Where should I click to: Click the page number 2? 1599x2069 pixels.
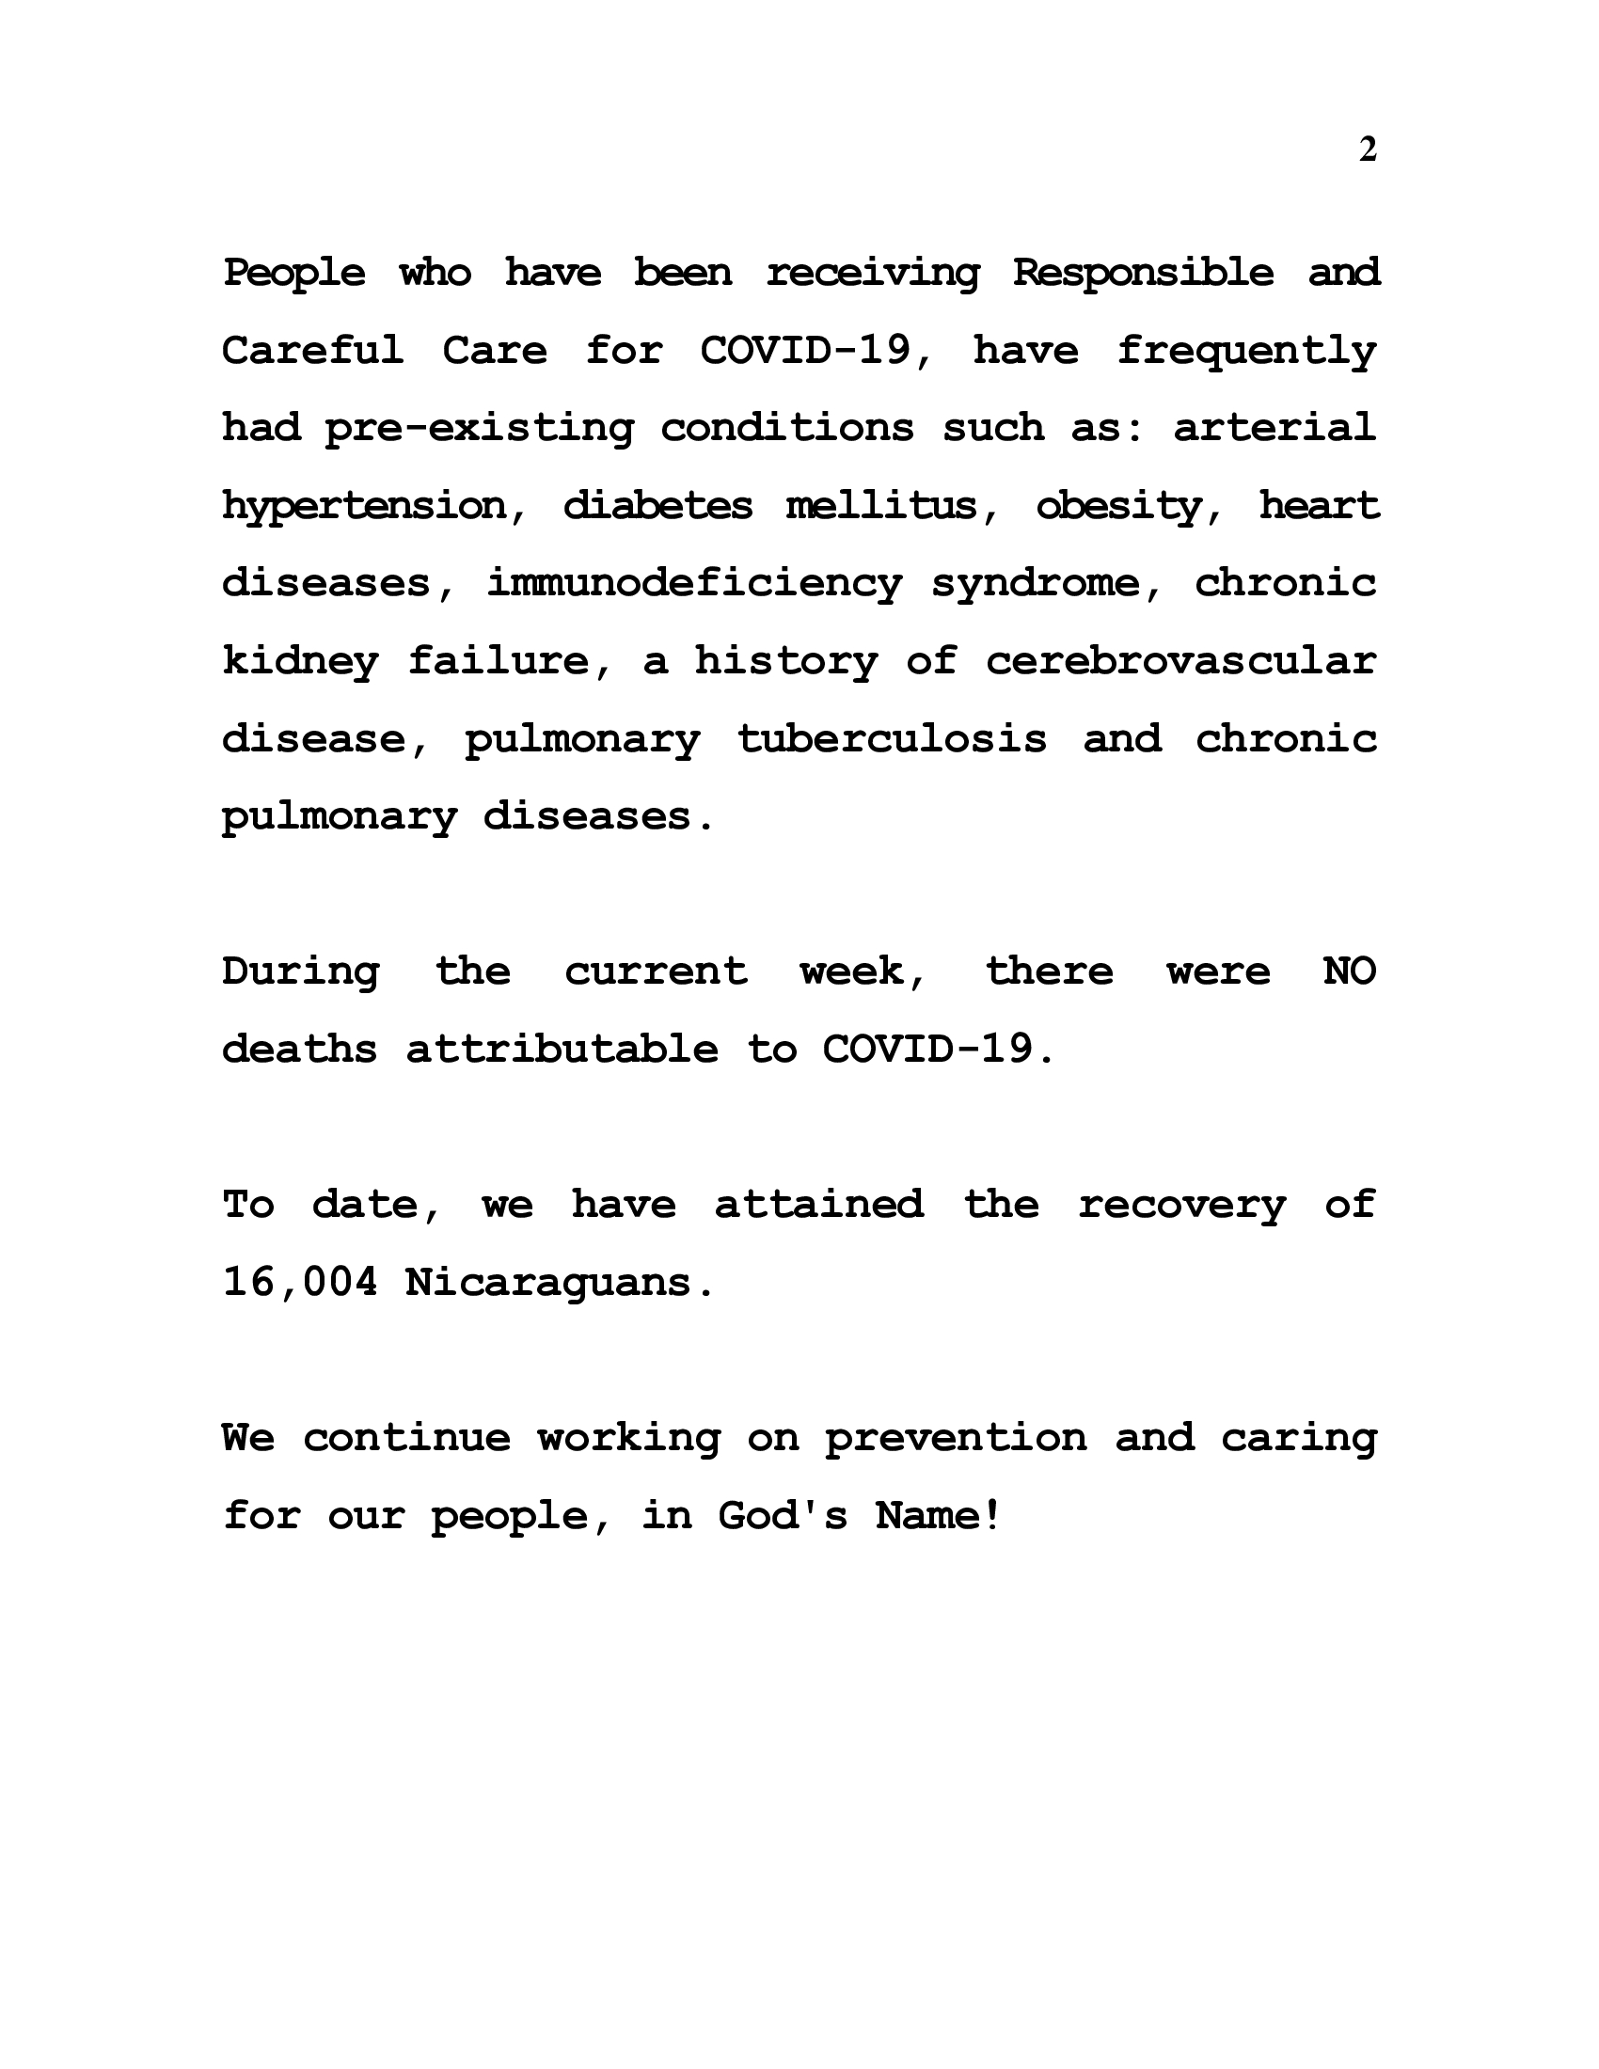[x=1367, y=150]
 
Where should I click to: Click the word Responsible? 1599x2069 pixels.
[x=1143, y=273]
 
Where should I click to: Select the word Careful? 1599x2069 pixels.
[x=312, y=351]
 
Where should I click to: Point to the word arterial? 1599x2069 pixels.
[x=1274, y=427]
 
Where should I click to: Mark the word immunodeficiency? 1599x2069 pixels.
[x=694, y=584]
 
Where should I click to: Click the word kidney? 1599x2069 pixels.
[x=300, y=662]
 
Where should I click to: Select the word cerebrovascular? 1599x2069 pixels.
[x=1180, y=660]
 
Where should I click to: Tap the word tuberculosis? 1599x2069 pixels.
[x=892, y=739]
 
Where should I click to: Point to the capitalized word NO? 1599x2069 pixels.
[x=1349, y=972]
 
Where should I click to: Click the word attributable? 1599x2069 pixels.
[x=562, y=1050]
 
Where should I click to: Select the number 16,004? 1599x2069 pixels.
[x=299, y=1284]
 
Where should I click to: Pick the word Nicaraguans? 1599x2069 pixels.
[x=558, y=1284]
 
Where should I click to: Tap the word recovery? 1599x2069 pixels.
[x=1181, y=1206]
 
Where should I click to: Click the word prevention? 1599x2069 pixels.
[x=955, y=1439]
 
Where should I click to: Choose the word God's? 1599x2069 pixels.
[x=783, y=1516]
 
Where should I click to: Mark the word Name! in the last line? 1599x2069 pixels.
[x=938, y=1516]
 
